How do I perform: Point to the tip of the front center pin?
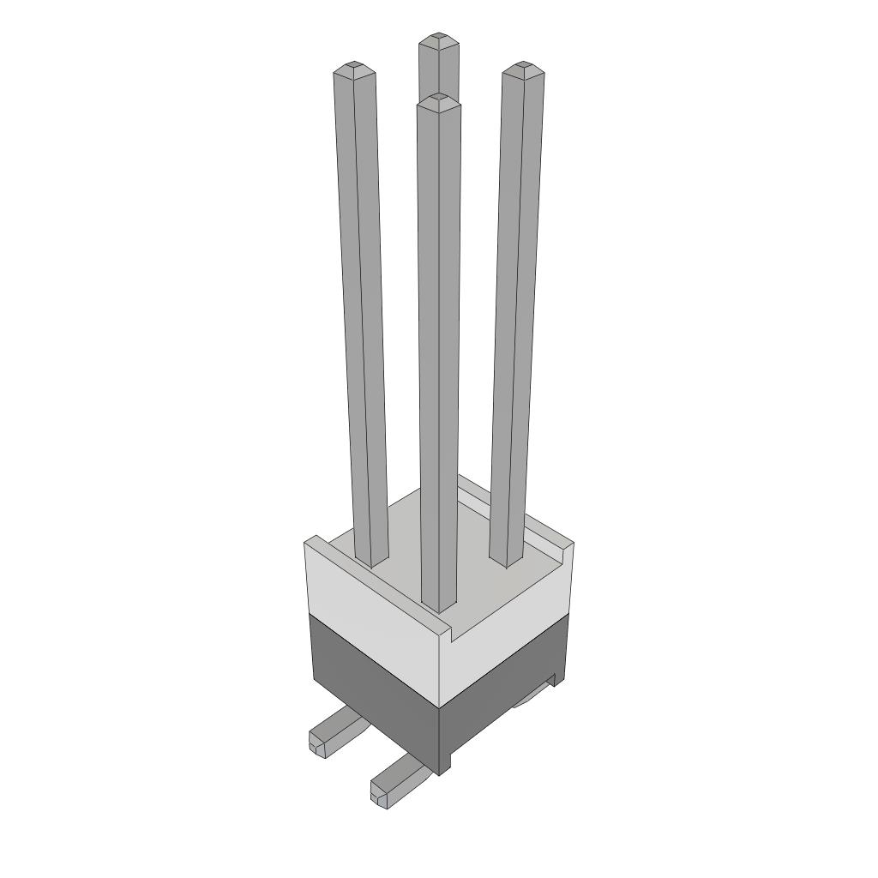(x=439, y=99)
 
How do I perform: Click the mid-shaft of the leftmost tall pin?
(x=360, y=317)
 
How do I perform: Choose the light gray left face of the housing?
(x=373, y=613)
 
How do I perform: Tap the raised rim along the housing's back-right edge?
(x=514, y=514)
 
